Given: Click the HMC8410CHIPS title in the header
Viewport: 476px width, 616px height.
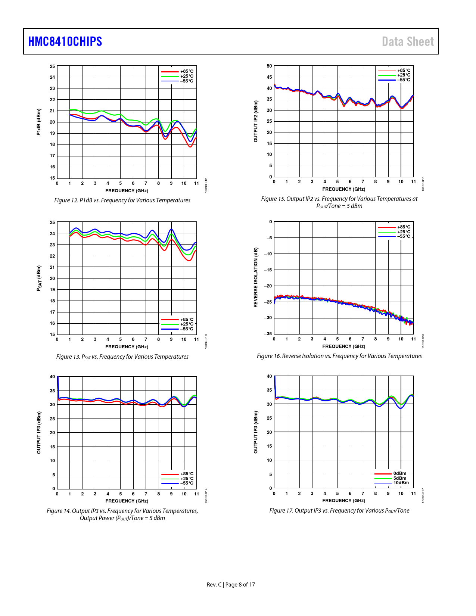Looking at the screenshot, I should pos(65,41).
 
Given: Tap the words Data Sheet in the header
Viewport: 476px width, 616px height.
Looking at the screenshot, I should pos(408,41).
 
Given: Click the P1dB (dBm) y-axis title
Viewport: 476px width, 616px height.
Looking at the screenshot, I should pos(38,122).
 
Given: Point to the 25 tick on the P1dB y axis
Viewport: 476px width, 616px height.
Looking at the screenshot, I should pos(52,66).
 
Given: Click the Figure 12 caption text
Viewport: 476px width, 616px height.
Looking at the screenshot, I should pos(122,200).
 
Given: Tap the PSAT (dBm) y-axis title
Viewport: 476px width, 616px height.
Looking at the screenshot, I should pos(38,278).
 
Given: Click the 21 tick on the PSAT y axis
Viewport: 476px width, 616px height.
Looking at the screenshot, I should pos(52,267).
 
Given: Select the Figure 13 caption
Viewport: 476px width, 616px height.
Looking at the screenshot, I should pos(122,357).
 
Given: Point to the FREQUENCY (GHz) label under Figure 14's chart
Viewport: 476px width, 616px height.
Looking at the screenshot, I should pos(127,501).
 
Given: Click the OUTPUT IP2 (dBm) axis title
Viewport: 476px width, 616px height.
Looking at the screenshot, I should pos(256,121).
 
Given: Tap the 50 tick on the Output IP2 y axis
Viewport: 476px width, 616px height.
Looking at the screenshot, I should pos(269,66).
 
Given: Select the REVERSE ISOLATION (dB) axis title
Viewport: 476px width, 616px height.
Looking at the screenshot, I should pos(256,277).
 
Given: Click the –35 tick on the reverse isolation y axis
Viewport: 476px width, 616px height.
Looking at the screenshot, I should pos(268,334).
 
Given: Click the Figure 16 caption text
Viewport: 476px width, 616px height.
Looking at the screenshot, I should pos(339,356).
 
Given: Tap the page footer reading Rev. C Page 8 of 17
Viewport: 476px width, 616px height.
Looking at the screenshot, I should pos(231,585).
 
